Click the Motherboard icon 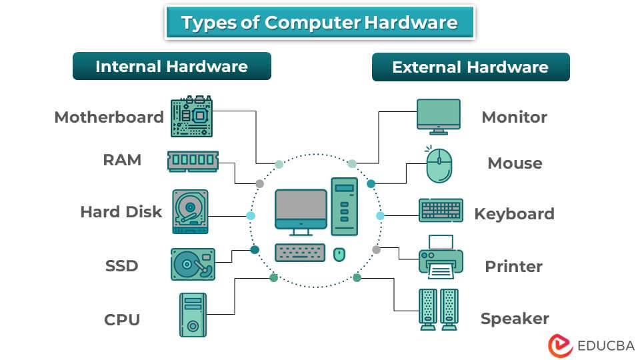pos(192,117)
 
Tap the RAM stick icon pos(193,161)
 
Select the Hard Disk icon pos(190,211)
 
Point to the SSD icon pos(193,264)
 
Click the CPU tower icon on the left pos(193,315)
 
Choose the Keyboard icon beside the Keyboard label pos(441,211)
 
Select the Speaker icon pos(439,309)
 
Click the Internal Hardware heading pos(171,67)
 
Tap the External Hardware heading pos(470,67)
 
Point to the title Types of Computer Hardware pos(319,23)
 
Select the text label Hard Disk pos(121,212)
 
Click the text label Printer pos(513,266)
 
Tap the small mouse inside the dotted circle pos(339,254)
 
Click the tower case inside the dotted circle pos(344,207)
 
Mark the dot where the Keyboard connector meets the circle pos(381,215)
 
